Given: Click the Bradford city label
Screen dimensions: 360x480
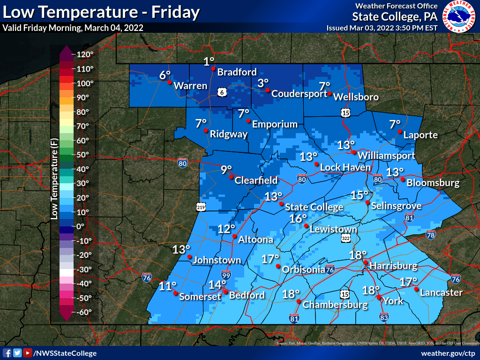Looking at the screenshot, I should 237,72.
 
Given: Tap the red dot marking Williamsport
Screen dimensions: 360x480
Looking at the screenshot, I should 354,152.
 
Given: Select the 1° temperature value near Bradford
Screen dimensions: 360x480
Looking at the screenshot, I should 209,61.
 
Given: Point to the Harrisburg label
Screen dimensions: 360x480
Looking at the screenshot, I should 393,266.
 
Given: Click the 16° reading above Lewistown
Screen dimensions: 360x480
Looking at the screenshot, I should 298,218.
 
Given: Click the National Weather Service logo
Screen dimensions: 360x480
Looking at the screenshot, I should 459,18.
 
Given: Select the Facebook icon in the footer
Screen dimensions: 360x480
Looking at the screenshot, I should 7,353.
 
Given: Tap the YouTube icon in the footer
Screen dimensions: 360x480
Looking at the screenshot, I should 28,353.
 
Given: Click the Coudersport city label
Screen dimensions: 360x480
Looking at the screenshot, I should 299,94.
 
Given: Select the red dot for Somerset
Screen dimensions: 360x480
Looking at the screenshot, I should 175,293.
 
